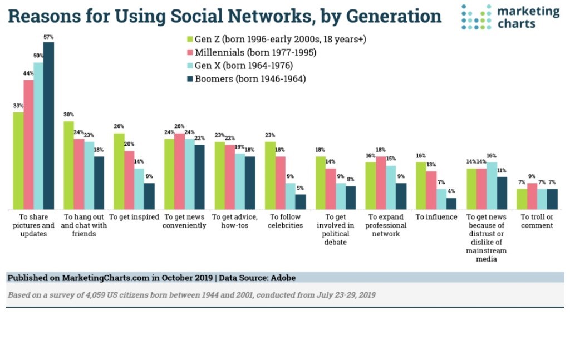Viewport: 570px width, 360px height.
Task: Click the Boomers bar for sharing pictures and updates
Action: pyautogui.click(x=48, y=126)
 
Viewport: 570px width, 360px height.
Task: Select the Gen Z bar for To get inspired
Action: pyautogui.click(x=119, y=171)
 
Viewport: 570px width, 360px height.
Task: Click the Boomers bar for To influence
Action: pyautogui.click(x=451, y=204)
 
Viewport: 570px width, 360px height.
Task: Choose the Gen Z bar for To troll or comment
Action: pyautogui.click(x=522, y=199)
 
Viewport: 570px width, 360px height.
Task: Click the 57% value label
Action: pyautogui.click(x=48, y=37)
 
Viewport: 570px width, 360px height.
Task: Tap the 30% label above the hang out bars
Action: pyautogui.click(x=68, y=115)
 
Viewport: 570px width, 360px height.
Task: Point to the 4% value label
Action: pyautogui.click(x=451, y=191)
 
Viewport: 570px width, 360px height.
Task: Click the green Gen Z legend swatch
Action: pyautogui.click(x=190, y=40)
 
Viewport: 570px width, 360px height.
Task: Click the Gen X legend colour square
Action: pyautogui.click(x=190, y=66)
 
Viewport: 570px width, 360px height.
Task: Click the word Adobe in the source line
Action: pyautogui.click(x=283, y=277)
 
